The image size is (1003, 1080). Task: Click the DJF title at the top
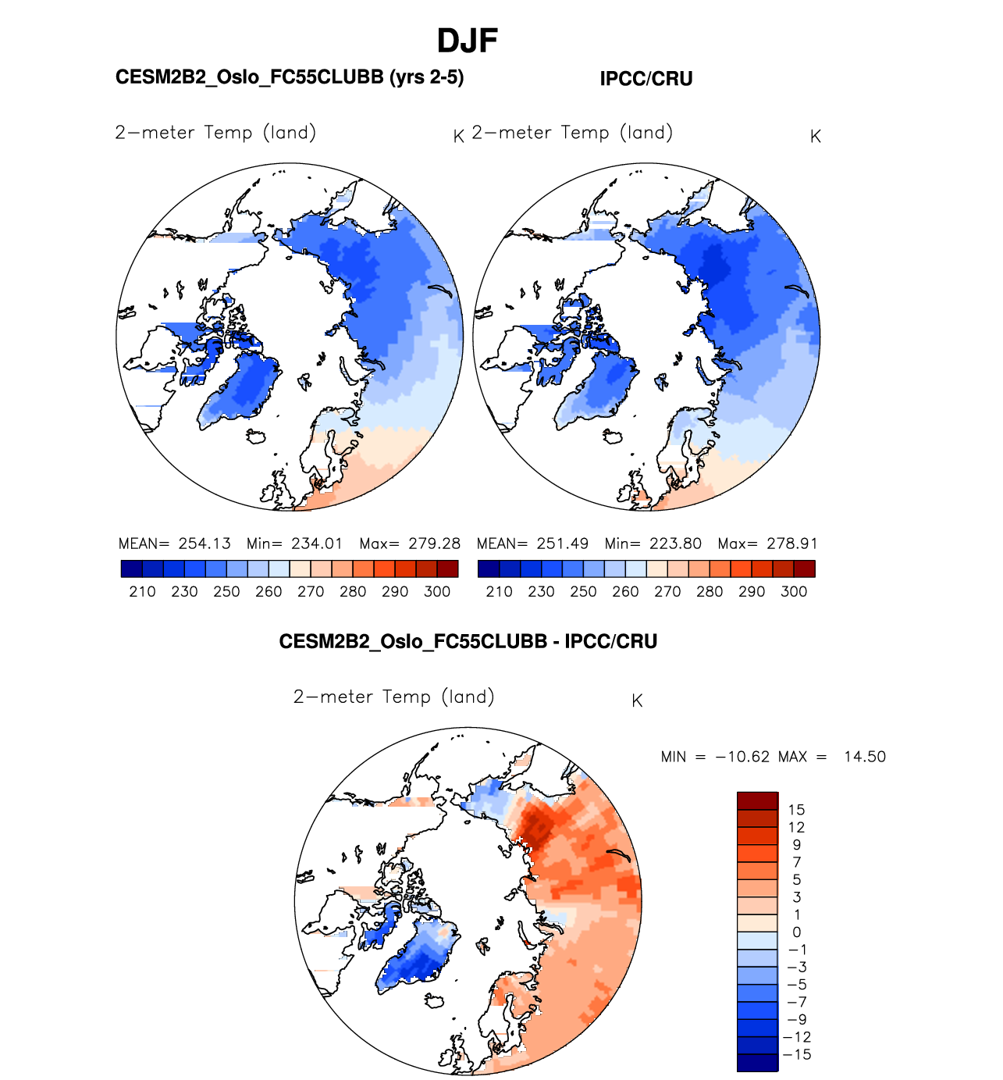pyautogui.click(x=467, y=41)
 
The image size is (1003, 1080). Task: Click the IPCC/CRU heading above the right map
pyautogui.click(x=646, y=79)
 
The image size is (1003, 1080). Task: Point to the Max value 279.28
pyautogui.click(x=434, y=544)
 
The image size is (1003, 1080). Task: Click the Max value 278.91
pyautogui.click(x=791, y=544)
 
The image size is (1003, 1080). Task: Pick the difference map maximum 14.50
pyautogui.click(x=865, y=757)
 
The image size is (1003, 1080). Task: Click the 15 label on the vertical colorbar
pyautogui.click(x=796, y=810)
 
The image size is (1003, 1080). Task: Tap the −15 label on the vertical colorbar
pyautogui.click(x=798, y=1054)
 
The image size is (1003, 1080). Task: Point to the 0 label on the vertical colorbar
pyautogui.click(x=796, y=932)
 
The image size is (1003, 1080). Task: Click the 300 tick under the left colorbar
pyautogui.click(x=437, y=592)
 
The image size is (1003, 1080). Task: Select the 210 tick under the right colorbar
pyautogui.click(x=499, y=592)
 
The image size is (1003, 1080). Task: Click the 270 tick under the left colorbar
pyautogui.click(x=311, y=592)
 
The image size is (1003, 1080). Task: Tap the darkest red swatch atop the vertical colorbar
pyautogui.click(x=757, y=800)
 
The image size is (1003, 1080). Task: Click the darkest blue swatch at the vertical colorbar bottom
pyautogui.click(x=757, y=1062)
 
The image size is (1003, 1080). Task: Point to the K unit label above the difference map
pyautogui.click(x=637, y=701)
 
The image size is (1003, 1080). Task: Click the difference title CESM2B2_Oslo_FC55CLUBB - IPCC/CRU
pyautogui.click(x=468, y=642)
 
